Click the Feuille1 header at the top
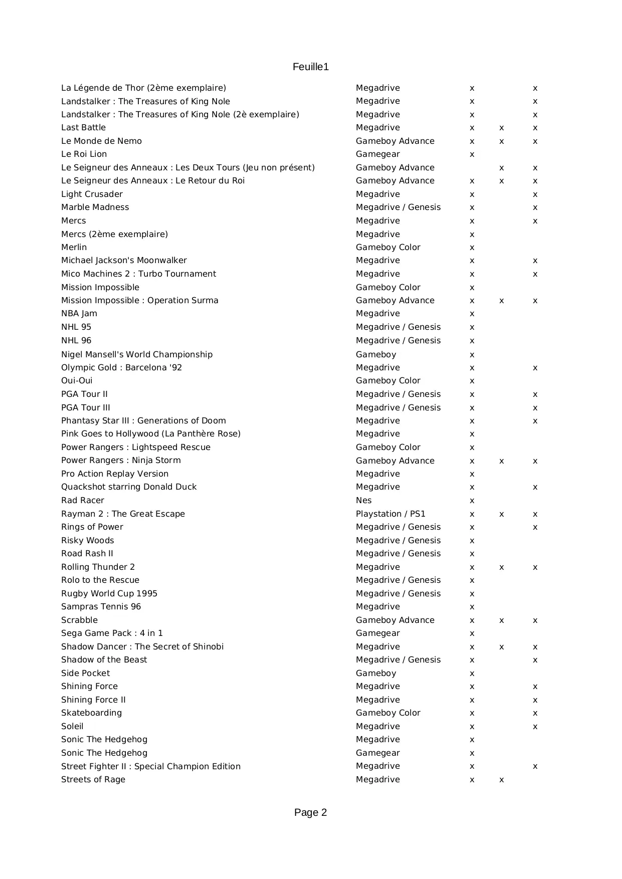(x=310, y=67)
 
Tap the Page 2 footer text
(x=310, y=812)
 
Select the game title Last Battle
(x=83, y=128)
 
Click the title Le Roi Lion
(x=84, y=154)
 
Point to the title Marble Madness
(x=95, y=207)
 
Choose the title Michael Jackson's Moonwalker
(x=124, y=261)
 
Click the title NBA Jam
(x=79, y=314)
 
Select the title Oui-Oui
(x=77, y=381)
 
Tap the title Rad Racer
(x=83, y=501)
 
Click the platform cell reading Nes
(x=363, y=501)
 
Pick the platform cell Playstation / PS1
(x=390, y=514)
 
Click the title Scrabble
(x=79, y=620)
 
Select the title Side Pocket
(x=85, y=674)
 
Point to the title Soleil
(x=72, y=727)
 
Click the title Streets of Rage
(x=93, y=780)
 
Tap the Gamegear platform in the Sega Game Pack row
(x=377, y=633)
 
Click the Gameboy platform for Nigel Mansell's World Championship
(x=376, y=355)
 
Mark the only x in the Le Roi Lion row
(x=472, y=155)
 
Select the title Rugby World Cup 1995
(x=109, y=594)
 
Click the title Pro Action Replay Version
(x=115, y=474)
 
